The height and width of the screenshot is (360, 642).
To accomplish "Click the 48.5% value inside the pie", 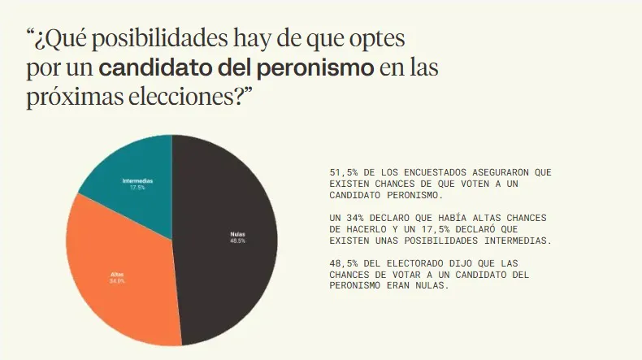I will click(237, 241).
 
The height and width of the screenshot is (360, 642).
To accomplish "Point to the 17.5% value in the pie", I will click(138, 187).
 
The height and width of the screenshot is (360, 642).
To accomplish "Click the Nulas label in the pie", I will click(237, 234).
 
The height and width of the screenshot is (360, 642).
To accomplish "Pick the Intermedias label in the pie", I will click(138, 180).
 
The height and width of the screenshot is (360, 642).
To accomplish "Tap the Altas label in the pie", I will click(117, 275).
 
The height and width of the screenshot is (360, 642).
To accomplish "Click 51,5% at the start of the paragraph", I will click(343, 173).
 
